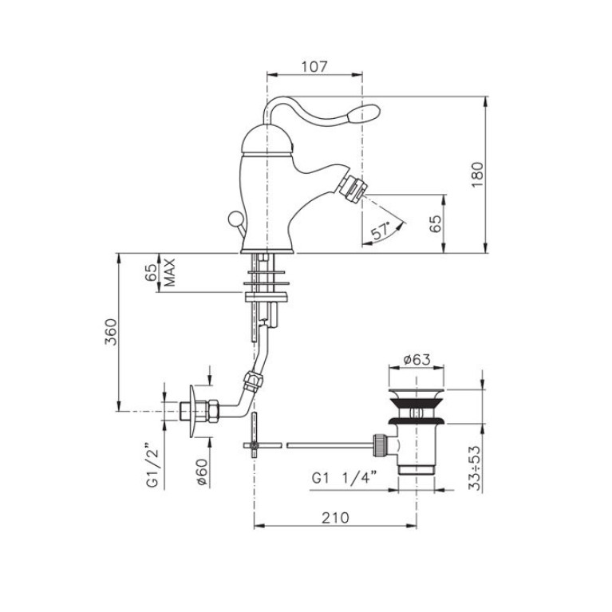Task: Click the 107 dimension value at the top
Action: [x=314, y=66]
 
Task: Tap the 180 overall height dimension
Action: [x=477, y=175]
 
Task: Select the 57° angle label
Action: [x=381, y=231]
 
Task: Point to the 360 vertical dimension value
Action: [x=110, y=332]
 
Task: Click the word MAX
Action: [x=170, y=272]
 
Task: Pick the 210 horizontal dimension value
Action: [x=335, y=518]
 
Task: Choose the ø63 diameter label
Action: [x=416, y=359]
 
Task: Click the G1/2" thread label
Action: [x=153, y=465]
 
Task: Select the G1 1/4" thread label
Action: [x=344, y=478]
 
